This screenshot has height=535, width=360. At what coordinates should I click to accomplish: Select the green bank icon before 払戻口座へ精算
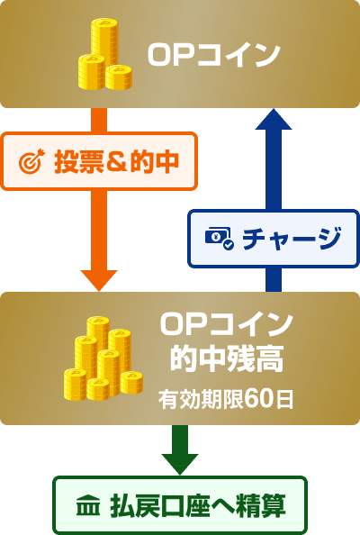88,505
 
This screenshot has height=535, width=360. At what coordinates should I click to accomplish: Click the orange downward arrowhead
99,280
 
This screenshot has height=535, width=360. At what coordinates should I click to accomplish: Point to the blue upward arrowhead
274,119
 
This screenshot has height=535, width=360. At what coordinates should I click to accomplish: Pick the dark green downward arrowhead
180,464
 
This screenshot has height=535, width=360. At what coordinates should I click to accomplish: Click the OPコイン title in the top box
214,55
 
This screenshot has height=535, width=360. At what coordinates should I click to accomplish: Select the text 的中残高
227,359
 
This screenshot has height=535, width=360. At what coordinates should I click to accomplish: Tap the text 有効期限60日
225,399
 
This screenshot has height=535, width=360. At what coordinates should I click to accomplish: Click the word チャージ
292,238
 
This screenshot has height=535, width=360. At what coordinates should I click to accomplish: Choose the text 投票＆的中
117,161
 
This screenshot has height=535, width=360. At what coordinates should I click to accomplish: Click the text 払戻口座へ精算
198,505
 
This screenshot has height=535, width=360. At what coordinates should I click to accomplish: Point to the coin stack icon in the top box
105,55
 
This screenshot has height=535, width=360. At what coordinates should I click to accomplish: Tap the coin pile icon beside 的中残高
103,358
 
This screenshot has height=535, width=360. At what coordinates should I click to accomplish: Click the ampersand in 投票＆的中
117,161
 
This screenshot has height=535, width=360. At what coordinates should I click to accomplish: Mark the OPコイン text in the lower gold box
227,324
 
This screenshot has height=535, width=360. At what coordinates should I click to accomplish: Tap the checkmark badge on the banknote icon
228,245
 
